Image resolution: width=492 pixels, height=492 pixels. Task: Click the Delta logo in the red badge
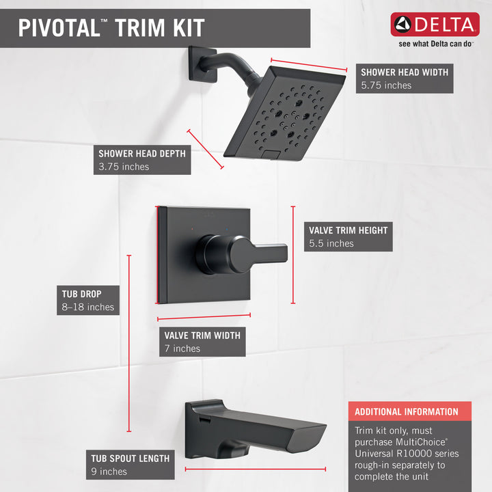click(x=435, y=25)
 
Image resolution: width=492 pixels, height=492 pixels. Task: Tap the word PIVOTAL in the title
click(x=59, y=28)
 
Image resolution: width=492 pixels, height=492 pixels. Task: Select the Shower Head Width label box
click(x=405, y=79)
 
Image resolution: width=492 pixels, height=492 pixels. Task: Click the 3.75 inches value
click(x=124, y=167)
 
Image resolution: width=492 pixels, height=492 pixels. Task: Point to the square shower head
click(x=284, y=113)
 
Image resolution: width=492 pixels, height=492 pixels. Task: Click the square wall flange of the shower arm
click(x=202, y=64)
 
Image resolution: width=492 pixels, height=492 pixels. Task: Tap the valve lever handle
click(x=242, y=254)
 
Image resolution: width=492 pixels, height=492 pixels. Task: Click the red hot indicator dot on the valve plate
click(x=192, y=230)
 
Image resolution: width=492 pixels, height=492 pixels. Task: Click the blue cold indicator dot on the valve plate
click(x=227, y=230)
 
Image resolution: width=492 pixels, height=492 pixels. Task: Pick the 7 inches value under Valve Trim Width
click(x=182, y=348)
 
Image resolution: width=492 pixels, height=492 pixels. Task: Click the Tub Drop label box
click(x=88, y=300)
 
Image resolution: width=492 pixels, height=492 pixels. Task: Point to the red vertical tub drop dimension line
click(x=129, y=343)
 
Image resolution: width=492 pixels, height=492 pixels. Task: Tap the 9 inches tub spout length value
click(x=109, y=471)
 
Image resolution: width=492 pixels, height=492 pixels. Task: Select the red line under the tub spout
click(x=256, y=469)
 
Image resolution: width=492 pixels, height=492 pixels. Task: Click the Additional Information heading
click(x=407, y=411)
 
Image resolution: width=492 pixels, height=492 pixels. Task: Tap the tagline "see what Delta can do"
click(x=435, y=44)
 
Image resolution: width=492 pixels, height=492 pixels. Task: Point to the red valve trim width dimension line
click(x=204, y=317)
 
